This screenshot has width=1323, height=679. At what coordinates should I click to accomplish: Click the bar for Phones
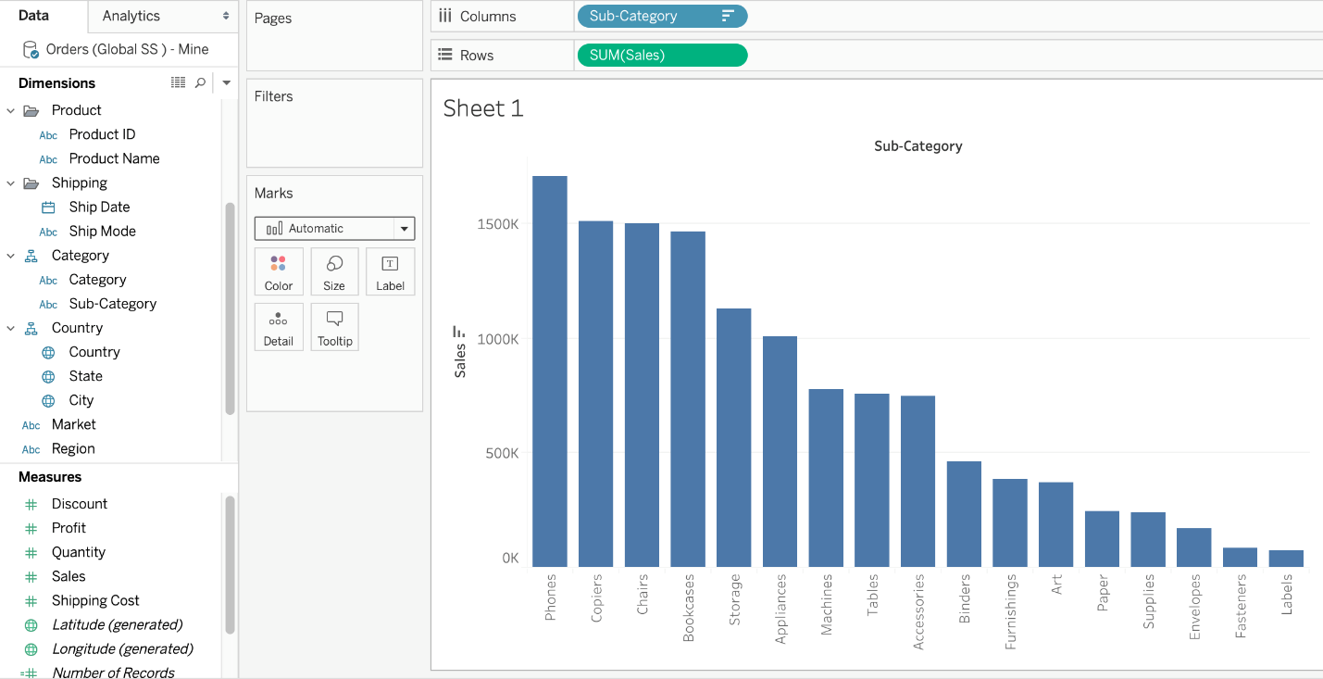[x=549, y=371]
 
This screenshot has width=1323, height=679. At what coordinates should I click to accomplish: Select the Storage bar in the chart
[x=733, y=437]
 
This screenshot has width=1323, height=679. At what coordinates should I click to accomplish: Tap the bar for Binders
[x=964, y=514]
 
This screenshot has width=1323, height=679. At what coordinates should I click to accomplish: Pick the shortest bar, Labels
[x=1286, y=559]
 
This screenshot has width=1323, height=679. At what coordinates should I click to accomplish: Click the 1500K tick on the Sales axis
[x=497, y=224]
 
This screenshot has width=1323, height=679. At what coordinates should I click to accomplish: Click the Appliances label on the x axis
[x=780, y=609]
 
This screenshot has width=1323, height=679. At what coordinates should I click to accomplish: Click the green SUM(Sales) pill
[x=662, y=55]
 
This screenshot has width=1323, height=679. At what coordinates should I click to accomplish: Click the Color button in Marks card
[x=278, y=271]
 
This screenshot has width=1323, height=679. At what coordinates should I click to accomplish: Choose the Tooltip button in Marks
[x=334, y=327]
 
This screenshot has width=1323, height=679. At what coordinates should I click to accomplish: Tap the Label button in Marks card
[x=390, y=271]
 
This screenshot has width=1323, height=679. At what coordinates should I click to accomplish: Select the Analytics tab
[x=131, y=16]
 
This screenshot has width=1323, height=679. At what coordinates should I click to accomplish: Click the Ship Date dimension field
[x=99, y=207]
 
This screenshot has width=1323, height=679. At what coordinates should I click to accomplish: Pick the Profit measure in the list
[x=69, y=528]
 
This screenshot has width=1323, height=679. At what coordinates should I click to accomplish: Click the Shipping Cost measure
[x=95, y=600]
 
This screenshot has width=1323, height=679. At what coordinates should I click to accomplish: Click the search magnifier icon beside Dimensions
[x=200, y=82]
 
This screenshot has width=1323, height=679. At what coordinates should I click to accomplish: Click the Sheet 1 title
[x=483, y=108]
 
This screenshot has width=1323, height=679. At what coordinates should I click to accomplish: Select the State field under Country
[x=85, y=376]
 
